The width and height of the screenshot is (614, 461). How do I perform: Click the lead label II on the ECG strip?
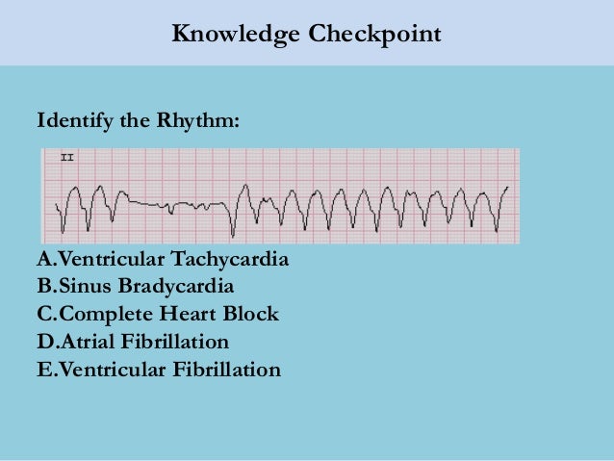point(67,156)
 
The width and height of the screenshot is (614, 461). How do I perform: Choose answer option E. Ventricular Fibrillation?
point(159,369)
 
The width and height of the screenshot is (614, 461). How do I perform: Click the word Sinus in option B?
point(85,287)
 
